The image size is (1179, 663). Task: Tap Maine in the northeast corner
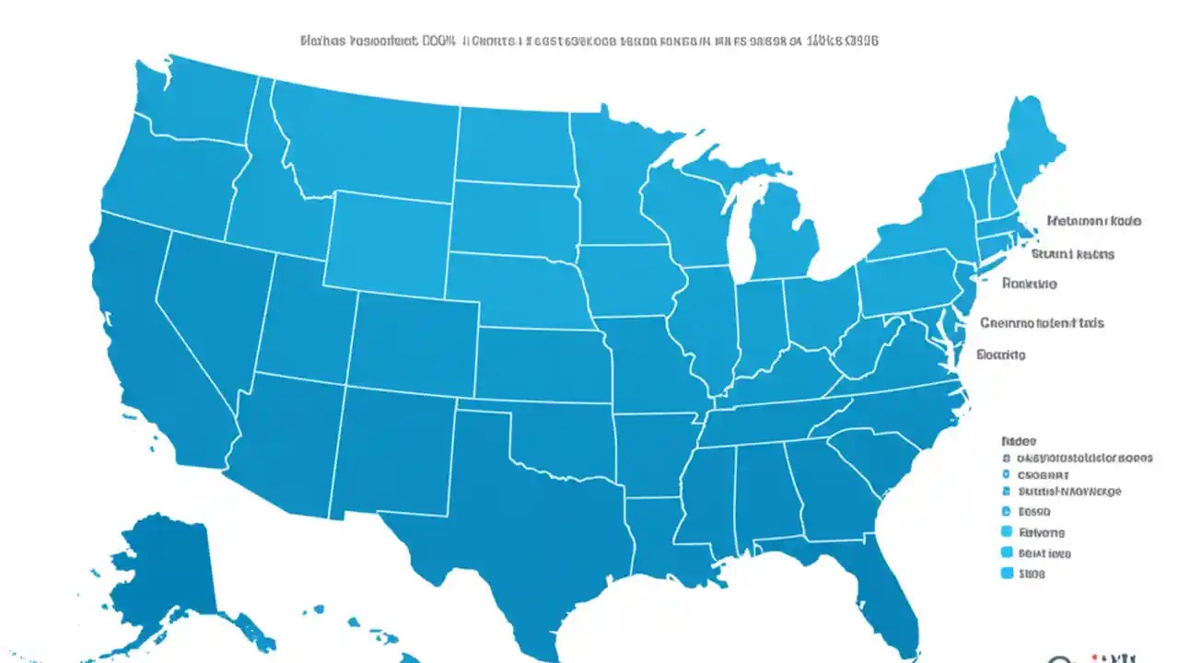point(1032,147)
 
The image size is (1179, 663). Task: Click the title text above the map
point(589,41)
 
